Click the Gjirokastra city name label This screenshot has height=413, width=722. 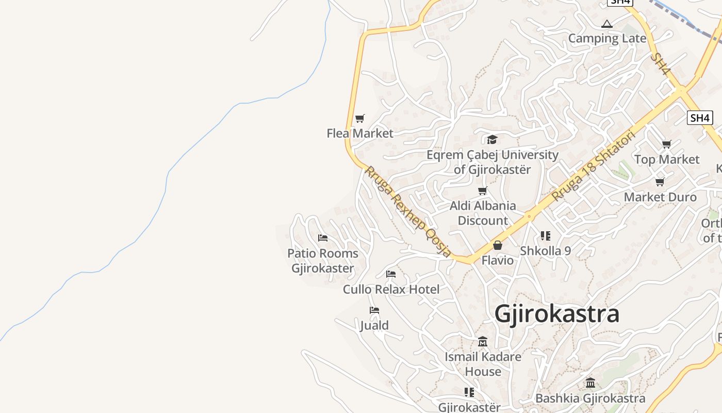(x=557, y=314)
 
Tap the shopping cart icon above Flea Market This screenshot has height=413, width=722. (x=360, y=118)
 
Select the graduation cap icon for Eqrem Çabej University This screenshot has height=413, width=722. (x=492, y=139)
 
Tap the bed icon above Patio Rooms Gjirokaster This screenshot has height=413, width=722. (x=323, y=238)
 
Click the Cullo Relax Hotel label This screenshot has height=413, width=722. (x=391, y=290)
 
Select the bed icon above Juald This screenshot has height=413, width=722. (x=374, y=310)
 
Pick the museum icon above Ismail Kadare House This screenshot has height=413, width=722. (x=483, y=341)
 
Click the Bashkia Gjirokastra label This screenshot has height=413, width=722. (x=590, y=399)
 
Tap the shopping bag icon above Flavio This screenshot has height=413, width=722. (x=498, y=245)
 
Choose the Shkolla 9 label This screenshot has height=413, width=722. (x=545, y=251)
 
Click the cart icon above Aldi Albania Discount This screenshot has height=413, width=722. (x=483, y=191)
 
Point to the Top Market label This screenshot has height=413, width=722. (x=667, y=160)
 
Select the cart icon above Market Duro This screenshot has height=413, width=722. (x=660, y=182)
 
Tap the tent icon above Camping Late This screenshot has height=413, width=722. (x=607, y=24)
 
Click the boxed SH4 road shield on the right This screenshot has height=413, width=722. (x=700, y=118)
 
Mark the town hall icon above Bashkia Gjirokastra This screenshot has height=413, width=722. (x=590, y=383)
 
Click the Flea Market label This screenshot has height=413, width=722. (x=360, y=133)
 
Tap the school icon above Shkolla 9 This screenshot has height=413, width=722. (x=545, y=236)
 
